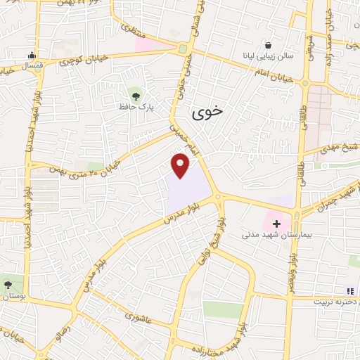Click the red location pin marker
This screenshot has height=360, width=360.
(x=181, y=165)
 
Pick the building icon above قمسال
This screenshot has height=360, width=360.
(x=31, y=56)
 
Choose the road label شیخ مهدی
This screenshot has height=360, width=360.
(x=337, y=149)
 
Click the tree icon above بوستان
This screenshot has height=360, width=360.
(x=8, y=285)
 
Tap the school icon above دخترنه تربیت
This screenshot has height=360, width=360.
(x=349, y=290)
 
